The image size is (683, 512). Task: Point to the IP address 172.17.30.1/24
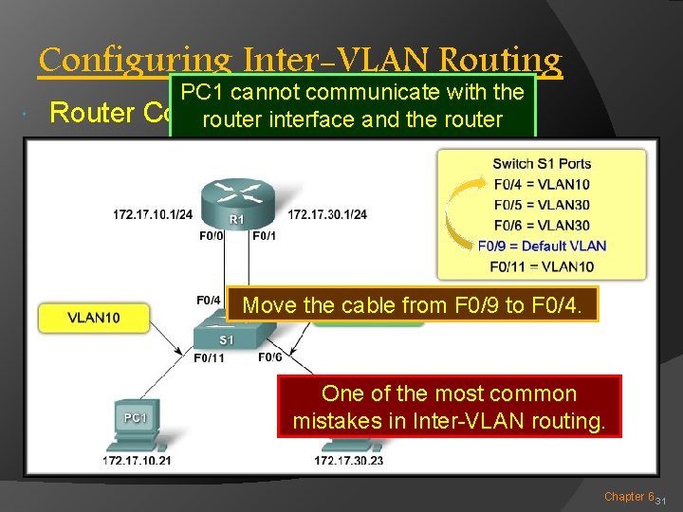(x=326, y=214)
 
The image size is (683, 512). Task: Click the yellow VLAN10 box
(x=93, y=318)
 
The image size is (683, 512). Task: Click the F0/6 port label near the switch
(x=269, y=357)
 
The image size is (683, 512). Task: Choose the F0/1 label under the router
(x=265, y=235)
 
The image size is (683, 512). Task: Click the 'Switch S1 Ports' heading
(x=542, y=164)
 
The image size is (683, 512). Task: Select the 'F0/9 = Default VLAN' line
(x=542, y=246)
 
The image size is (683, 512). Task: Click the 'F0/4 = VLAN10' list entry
(x=542, y=184)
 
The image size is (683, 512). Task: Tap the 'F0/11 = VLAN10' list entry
(x=542, y=266)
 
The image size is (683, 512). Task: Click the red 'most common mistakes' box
(x=448, y=407)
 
